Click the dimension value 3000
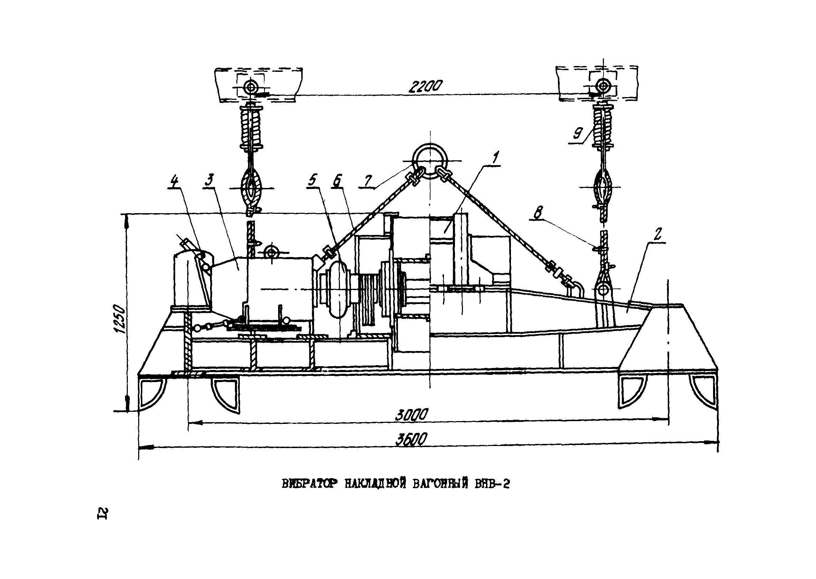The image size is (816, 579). pyautogui.click(x=411, y=415)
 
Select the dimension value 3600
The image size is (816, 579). pyautogui.click(x=411, y=439)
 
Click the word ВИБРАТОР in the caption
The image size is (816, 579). pyautogui.click(x=309, y=484)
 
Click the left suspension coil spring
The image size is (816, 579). pyautogui.click(x=251, y=127)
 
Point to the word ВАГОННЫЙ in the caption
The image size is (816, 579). pyautogui.click(x=440, y=484)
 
